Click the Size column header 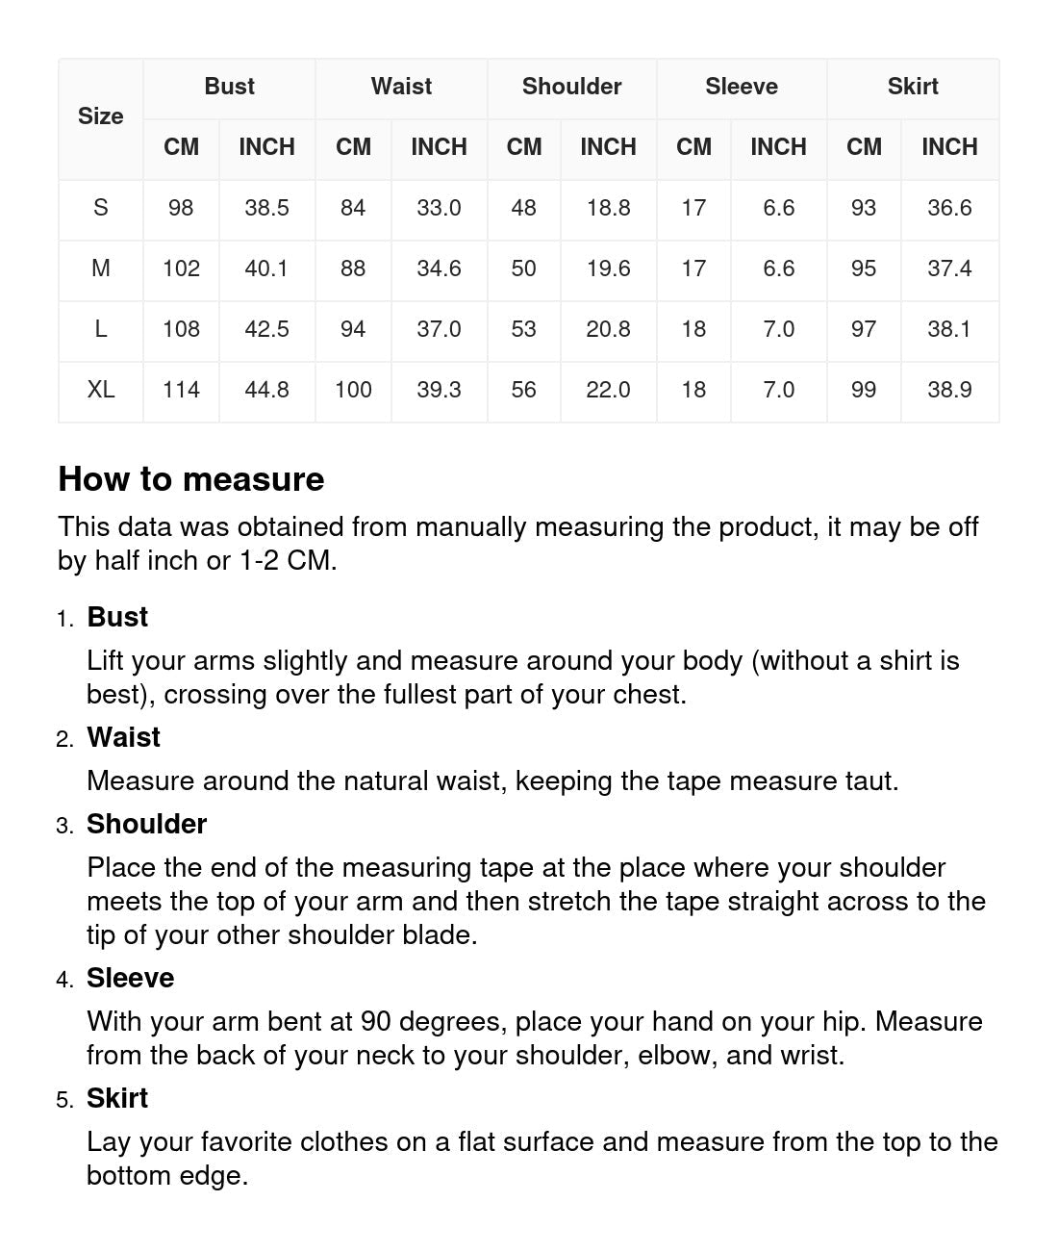click(100, 116)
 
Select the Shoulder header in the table click(571, 87)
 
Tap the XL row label click(100, 390)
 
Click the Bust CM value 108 click(181, 329)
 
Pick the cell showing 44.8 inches click(266, 390)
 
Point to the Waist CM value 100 click(353, 390)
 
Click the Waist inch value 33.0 click(439, 208)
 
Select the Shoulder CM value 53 click(523, 329)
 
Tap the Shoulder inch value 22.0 click(608, 390)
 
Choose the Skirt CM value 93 click(864, 208)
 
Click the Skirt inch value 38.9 click(949, 390)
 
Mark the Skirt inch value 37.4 click(949, 268)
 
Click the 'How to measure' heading click(191, 479)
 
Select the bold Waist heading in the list click(123, 737)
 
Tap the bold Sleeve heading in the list click(130, 978)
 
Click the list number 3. click(64, 826)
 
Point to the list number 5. click(64, 1100)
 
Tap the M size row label click(100, 268)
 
